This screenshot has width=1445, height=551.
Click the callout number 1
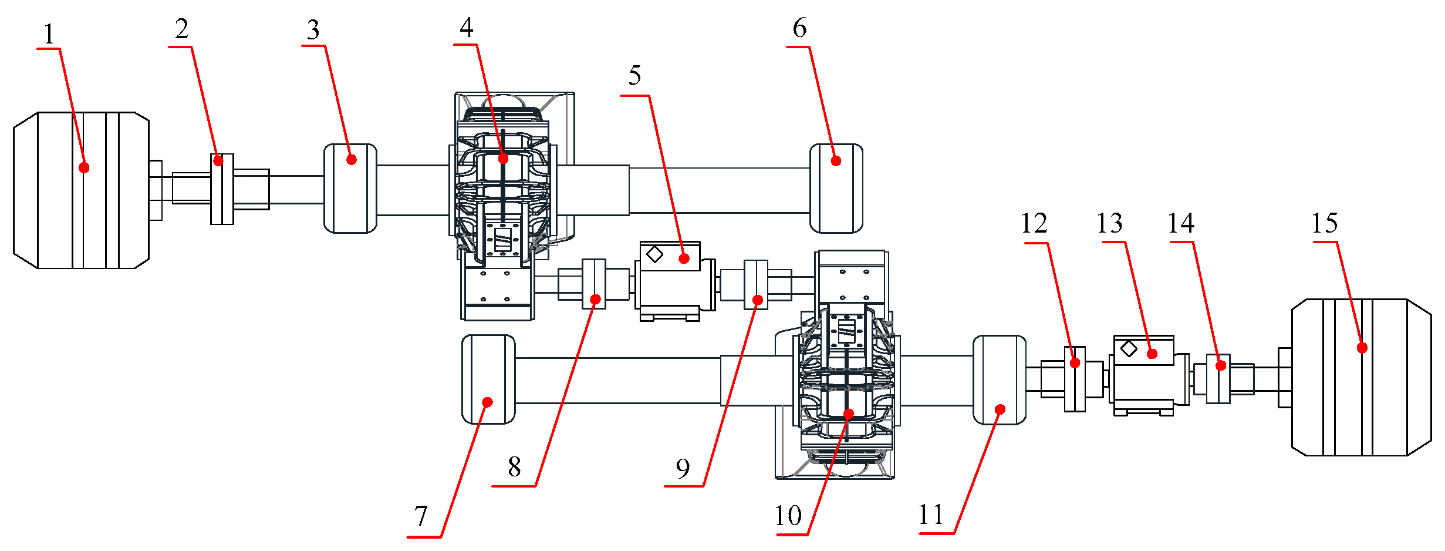[49, 35]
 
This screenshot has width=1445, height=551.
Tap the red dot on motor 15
[1362, 348]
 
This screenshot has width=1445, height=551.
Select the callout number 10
[788, 516]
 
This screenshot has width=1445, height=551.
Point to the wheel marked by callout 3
[350, 188]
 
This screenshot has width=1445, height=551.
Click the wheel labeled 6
[836, 188]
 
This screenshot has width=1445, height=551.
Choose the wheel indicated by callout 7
[488, 379]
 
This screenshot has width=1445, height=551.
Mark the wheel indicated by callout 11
[1000, 379]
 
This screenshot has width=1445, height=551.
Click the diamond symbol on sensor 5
[655, 254]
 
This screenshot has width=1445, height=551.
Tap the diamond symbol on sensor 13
[1129, 349]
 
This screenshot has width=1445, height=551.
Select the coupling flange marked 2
[222, 189]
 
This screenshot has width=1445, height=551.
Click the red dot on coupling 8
[595, 300]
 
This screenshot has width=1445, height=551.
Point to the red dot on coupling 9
[758, 300]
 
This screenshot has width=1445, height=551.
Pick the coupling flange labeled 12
[1075, 379]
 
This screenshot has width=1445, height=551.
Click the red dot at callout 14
[1221, 365]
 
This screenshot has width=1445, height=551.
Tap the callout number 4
[467, 27]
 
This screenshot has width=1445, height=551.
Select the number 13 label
[1109, 223]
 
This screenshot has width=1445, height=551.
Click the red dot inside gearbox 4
[503, 159]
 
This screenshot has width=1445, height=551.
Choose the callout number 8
[514, 468]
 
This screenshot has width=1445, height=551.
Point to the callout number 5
[634, 76]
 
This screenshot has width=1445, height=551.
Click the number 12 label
[1034, 223]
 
